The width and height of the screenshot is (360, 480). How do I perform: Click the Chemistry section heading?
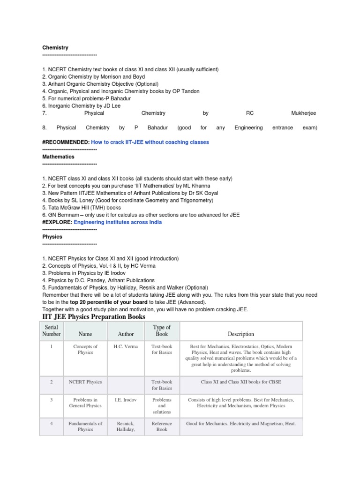55,48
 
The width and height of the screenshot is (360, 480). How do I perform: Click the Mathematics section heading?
58,157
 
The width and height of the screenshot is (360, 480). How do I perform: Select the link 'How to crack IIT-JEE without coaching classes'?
150,142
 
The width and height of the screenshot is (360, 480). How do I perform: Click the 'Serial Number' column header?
52,330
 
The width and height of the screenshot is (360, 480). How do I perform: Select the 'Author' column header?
126,334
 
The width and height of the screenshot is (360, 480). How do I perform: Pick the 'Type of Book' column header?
162,330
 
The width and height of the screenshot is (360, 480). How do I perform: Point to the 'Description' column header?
241,334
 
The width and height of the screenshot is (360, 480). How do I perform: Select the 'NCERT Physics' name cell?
85,382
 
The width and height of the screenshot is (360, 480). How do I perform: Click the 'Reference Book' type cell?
162,426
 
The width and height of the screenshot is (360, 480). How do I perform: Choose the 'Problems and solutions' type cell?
162,406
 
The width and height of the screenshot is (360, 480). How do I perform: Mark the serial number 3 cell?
52,400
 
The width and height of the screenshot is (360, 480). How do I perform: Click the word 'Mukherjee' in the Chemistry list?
303,113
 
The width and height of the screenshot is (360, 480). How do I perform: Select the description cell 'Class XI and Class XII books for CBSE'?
241,382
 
